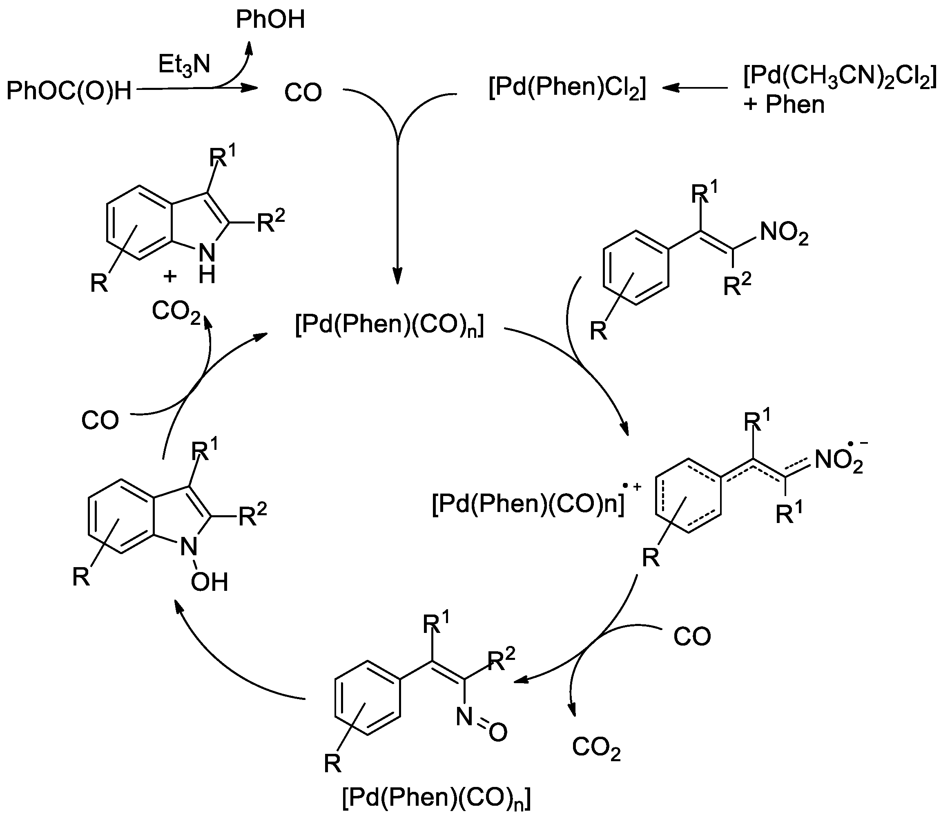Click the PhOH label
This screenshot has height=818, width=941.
point(270,20)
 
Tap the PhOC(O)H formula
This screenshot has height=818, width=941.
point(69,90)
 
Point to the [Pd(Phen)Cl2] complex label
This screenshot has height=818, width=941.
point(567,88)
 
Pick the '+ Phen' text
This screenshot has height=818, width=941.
point(784,105)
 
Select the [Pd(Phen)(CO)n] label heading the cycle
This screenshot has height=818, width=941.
point(389,326)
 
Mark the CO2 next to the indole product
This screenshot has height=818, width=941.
point(176,312)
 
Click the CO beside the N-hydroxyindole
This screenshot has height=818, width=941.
point(100,420)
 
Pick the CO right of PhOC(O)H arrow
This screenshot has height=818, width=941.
point(303,93)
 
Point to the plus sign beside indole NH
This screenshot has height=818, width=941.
point(170,276)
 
